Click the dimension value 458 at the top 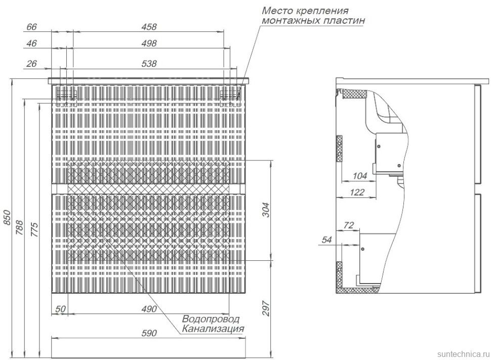(149, 26)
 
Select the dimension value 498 (149, 44)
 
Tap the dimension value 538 (149, 63)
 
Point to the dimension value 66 (32, 26)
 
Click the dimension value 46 (31, 44)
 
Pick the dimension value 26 (32, 63)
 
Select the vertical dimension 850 (7, 218)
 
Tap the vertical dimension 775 (34, 229)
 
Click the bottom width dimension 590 (148, 333)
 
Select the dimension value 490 (148, 308)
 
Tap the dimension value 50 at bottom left (60, 308)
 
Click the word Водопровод (211, 319)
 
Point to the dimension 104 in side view (359, 176)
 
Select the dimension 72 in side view (349, 225)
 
